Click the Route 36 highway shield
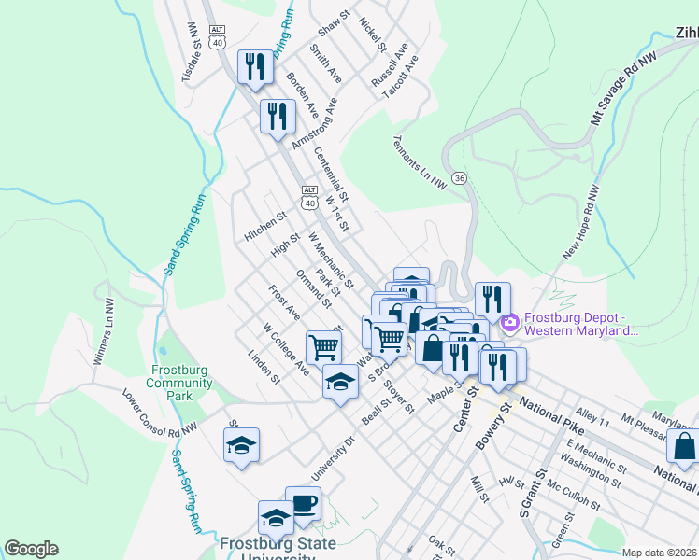[458, 177]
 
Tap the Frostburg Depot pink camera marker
[510, 324]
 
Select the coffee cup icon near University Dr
[303, 505]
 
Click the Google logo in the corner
[31, 549]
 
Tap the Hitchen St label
[263, 227]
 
